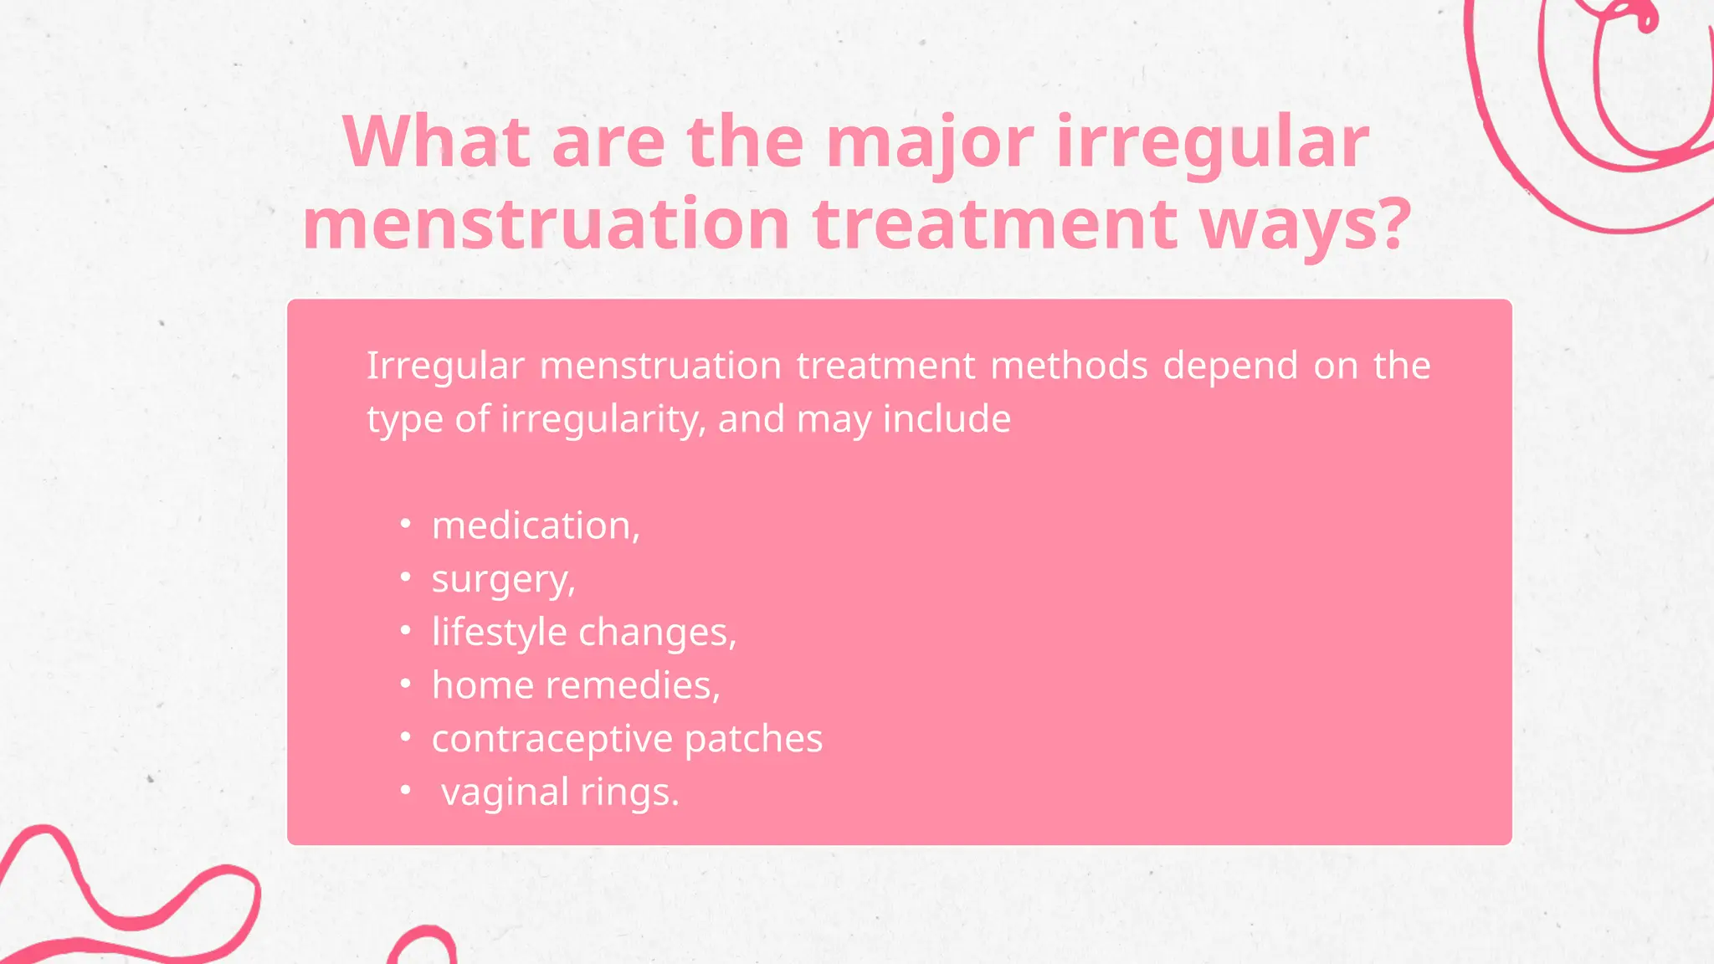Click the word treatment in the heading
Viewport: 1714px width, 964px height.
tap(994, 223)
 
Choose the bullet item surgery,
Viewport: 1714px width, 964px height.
tap(503, 579)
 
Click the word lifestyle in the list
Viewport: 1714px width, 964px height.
tap(499, 632)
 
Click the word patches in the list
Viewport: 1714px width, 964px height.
tap(753, 739)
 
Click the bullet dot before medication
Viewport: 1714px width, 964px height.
tap(406, 524)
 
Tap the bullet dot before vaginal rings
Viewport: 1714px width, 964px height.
tap(406, 790)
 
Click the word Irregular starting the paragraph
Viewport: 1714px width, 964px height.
tap(445, 366)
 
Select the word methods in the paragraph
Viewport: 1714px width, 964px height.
tap(1069, 366)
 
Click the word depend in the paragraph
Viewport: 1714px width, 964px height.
tap(1230, 366)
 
